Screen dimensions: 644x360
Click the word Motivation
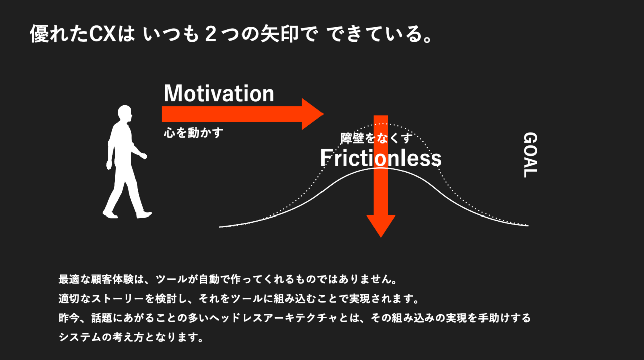pyautogui.click(x=219, y=93)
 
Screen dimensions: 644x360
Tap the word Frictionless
pyautogui.click(x=381, y=158)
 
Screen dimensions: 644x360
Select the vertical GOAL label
pyautogui.click(x=530, y=155)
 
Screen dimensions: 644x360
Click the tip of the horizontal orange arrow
pyautogui.click(x=324, y=114)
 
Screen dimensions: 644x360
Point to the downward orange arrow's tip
pyautogui.click(x=381, y=238)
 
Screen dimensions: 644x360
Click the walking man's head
pyautogui.click(x=125, y=113)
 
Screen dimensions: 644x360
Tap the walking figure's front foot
pyautogui.click(x=144, y=214)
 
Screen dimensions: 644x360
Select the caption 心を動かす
pyautogui.click(x=193, y=133)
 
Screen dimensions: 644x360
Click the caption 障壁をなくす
pyautogui.click(x=376, y=138)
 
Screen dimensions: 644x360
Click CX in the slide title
pyautogui.click(x=102, y=34)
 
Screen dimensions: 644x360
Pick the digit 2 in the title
pyautogui.click(x=211, y=34)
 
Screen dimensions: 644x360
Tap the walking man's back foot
pyautogui.click(x=110, y=214)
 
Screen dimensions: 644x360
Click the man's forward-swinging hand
pyautogui.click(x=144, y=156)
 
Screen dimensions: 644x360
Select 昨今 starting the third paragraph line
pyautogui.click(x=69, y=318)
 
